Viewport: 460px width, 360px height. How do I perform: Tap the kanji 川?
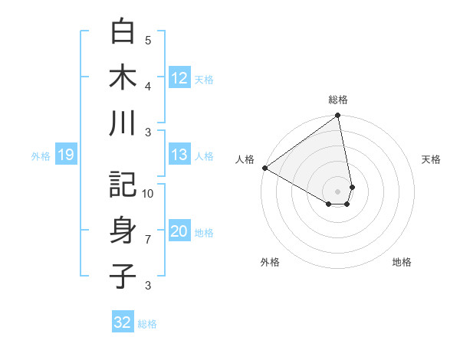(x=123, y=124)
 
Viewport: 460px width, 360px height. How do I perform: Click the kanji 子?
(x=123, y=276)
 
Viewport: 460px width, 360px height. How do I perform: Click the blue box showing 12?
(x=179, y=78)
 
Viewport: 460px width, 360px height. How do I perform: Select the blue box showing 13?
(x=179, y=155)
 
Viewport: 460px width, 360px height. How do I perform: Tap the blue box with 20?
(x=179, y=232)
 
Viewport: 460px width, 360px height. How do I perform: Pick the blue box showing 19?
(x=65, y=155)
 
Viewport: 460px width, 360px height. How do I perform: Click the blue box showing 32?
(x=122, y=322)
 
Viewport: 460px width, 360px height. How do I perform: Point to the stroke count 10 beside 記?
(x=148, y=193)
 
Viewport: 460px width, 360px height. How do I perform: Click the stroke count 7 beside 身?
(x=148, y=240)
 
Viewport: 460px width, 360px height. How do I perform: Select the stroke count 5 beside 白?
(x=148, y=40)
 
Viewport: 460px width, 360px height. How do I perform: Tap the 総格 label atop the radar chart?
(x=338, y=100)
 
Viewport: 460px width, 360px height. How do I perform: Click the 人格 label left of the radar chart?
(x=245, y=159)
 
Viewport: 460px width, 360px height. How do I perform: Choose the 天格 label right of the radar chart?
(x=432, y=159)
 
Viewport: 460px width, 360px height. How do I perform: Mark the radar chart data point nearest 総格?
(x=338, y=116)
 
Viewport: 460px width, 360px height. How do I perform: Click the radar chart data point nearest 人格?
(x=264, y=168)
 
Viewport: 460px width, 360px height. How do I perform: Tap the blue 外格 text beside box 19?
(x=41, y=156)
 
